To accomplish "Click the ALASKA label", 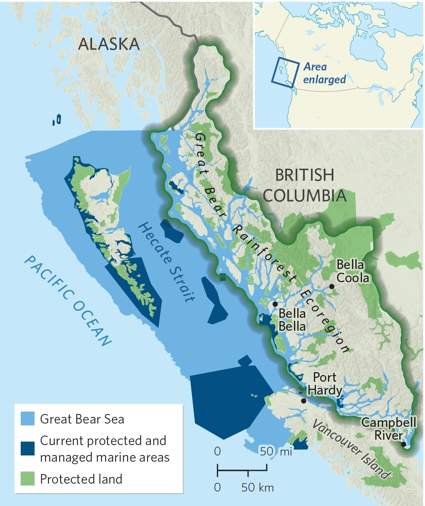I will (109, 44).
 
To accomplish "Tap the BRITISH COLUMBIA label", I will (305, 185).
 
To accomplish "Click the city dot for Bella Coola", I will (332, 286).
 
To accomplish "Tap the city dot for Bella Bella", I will (275, 304).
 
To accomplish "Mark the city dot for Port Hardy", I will (304, 401).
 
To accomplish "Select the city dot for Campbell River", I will (403, 444).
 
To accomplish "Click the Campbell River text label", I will (389, 429).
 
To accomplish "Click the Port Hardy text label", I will (325, 384).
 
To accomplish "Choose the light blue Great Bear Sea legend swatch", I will (27, 419).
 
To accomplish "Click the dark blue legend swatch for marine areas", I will (27, 449).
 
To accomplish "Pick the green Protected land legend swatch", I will (27, 479).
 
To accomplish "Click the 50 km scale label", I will (257, 487).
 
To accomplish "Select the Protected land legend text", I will (81, 479).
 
